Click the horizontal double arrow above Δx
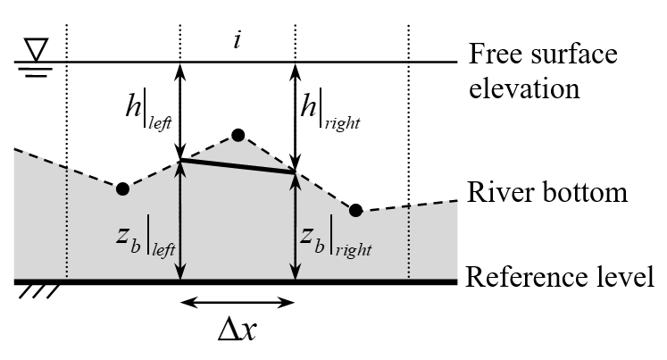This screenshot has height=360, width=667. pos(238,302)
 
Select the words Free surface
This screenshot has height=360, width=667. pos(543,55)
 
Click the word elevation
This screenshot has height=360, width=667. pos(527,89)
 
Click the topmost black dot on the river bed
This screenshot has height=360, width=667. pos(238,136)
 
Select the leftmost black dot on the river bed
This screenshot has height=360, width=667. pos(122,188)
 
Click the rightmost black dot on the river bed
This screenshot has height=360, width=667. pos(355,211)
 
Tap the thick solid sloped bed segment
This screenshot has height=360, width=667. pos(238,166)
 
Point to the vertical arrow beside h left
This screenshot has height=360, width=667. pos(180,112)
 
